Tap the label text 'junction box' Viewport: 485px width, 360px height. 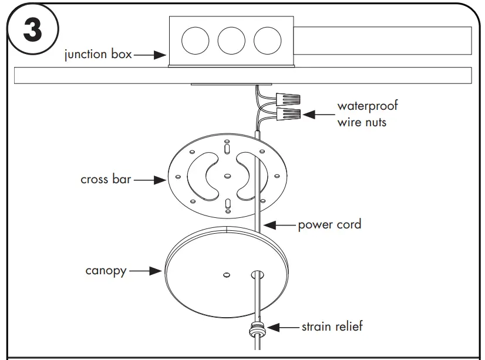click(97, 56)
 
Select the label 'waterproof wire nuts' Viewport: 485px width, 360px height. click(367, 114)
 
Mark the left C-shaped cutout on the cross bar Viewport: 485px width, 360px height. click(201, 174)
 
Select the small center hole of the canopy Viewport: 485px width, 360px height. click(227, 274)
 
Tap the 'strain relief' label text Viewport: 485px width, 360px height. click(332, 326)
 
